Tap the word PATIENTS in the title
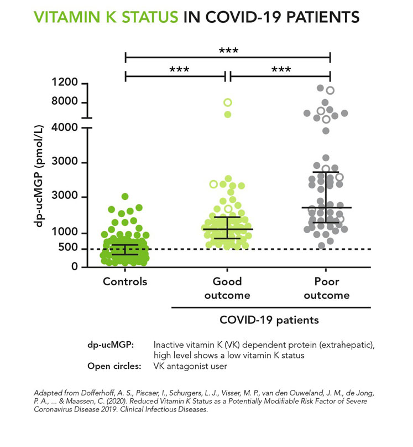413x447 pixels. point(323,17)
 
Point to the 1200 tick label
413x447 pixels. point(65,82)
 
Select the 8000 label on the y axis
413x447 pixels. point(65,101)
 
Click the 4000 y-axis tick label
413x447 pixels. point(65,127)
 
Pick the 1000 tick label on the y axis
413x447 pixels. point(65,232)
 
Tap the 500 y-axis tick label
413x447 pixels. point(68,248)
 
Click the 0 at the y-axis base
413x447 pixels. point(75,266)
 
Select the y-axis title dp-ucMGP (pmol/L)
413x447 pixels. point(39,176)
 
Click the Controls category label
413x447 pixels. point(125,281)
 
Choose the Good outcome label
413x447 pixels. point(227,288)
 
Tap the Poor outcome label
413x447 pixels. point(326,288)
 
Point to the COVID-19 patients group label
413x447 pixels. point(269,320)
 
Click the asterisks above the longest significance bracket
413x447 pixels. point(228,51)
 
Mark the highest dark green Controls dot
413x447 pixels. point(125,197)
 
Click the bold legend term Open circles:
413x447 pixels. point(114,366)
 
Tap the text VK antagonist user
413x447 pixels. point(190,366)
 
